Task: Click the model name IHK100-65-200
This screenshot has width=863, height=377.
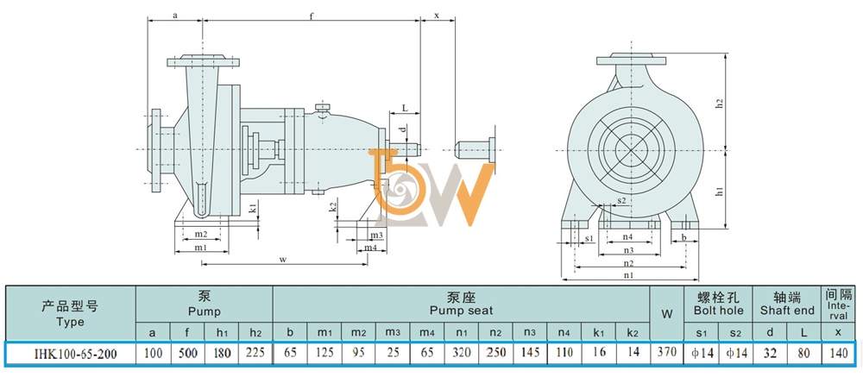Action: click(70, 354)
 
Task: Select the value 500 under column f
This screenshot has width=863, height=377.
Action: click(187, 354)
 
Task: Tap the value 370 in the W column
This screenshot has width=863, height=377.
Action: click(666, 353)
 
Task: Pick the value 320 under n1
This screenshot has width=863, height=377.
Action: click(462, 353)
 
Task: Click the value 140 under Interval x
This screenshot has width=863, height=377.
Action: click(838, 353)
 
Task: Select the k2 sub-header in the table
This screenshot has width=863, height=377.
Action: click(633, 332)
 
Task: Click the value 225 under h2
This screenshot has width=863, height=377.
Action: click(255, 353)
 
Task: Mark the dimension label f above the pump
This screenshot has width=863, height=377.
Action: click(311, 16)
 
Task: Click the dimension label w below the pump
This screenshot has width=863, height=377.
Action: click(282, 259)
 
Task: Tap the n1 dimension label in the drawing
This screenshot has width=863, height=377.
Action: click(628, 274)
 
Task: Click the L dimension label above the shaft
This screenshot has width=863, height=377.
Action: click(405, 108)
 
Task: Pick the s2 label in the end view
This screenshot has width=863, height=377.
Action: click(621, 200)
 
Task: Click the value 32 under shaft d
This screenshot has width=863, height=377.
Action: click(770, 353)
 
